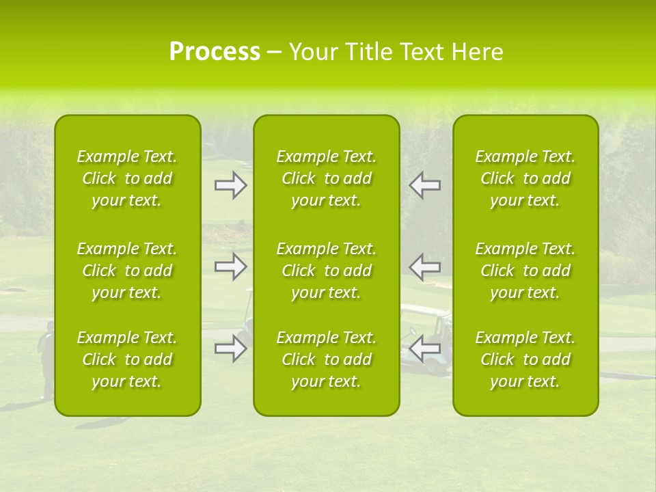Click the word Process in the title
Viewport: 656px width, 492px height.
pyautogui.click(x=215, y=52)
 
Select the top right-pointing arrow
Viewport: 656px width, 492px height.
pyautogui.click(x=231, y=185)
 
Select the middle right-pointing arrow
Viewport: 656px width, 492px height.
pyautogui.click(x=231, y=266)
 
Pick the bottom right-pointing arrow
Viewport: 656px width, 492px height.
pyautogui.click(x=231, y=348)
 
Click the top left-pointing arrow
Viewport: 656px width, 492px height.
pyautogui.click(x=424, y=185)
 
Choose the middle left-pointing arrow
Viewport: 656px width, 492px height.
pyautogui.click(x=424, y=266)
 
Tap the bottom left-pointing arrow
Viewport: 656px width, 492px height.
pyautogui.click(x=424, y=348)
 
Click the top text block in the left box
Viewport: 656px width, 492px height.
pyautogui.click(x=127, y=178)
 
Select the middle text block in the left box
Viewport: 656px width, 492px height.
pyautogui.click(x=127, y=271)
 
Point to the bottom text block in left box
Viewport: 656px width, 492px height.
pyautogui.click(x=127, y=359)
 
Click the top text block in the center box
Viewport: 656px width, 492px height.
pyautogui.click(x=327, y=178)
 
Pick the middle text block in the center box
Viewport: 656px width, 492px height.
pyautogui.click(x=327, y=271)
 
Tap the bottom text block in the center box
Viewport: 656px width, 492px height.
pyautogui.click(x=327, y=359)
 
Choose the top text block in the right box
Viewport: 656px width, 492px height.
pyautogui.click(x=525, y=178)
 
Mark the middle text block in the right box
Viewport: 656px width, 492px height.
pyautogui.click(x=525, y=271)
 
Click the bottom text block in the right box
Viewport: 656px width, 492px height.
pyautogui.click(x=525, y=359)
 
